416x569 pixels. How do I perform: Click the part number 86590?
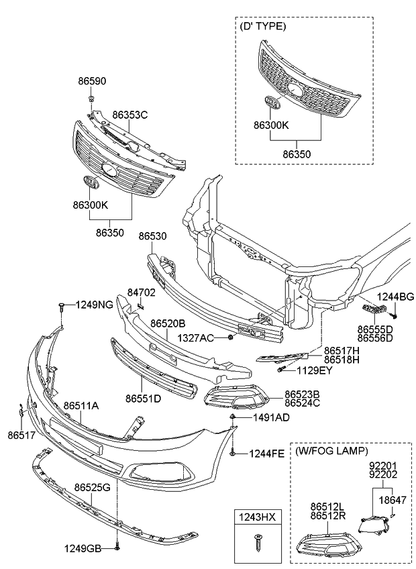tap(91, 81)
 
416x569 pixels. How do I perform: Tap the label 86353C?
tap(129, 115)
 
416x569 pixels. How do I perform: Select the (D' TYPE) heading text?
tap(262, 26)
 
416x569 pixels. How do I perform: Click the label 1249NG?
tap(94, 305)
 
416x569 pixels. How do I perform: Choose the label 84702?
tap(141, 293)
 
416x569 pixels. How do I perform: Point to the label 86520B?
tap(168, 324)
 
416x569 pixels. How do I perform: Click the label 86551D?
tap(143, 399)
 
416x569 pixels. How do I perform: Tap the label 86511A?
tap(81, 405)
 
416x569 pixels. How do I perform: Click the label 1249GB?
tap(83, 548)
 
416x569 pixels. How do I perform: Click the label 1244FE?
tap(268, 454)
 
